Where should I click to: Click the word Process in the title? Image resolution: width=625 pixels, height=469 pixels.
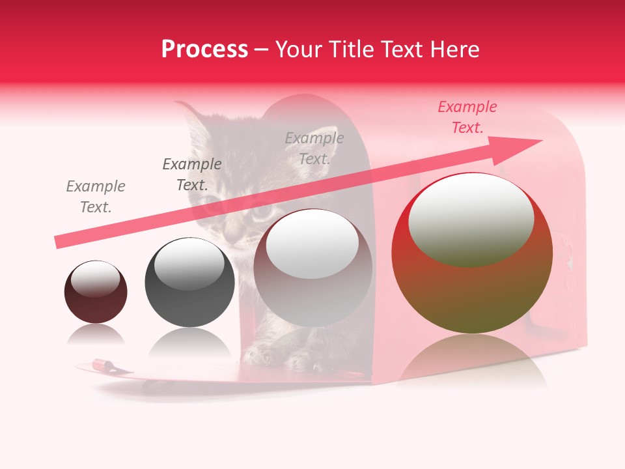tap(204, 50)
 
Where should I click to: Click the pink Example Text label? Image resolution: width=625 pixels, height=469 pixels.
tap(467, 117)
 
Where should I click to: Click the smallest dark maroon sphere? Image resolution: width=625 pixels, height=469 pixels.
tap(96, 292)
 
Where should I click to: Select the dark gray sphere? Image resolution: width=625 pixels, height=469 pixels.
tap(189, 282)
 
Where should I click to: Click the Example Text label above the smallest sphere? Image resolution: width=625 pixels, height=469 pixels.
tap(96, 197)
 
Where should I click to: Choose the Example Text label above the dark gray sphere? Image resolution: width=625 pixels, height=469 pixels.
tap(192, 175)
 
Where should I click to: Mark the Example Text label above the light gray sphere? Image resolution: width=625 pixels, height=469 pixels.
tap(314, 148)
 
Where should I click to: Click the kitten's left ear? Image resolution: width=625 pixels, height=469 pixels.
tap(192, 124)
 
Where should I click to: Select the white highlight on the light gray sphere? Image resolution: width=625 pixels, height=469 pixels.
tap(312, 243)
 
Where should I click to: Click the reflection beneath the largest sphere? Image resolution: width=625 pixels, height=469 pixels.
tap(472, 362)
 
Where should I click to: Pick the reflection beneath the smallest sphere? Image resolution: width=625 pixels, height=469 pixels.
tap(96, 334)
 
